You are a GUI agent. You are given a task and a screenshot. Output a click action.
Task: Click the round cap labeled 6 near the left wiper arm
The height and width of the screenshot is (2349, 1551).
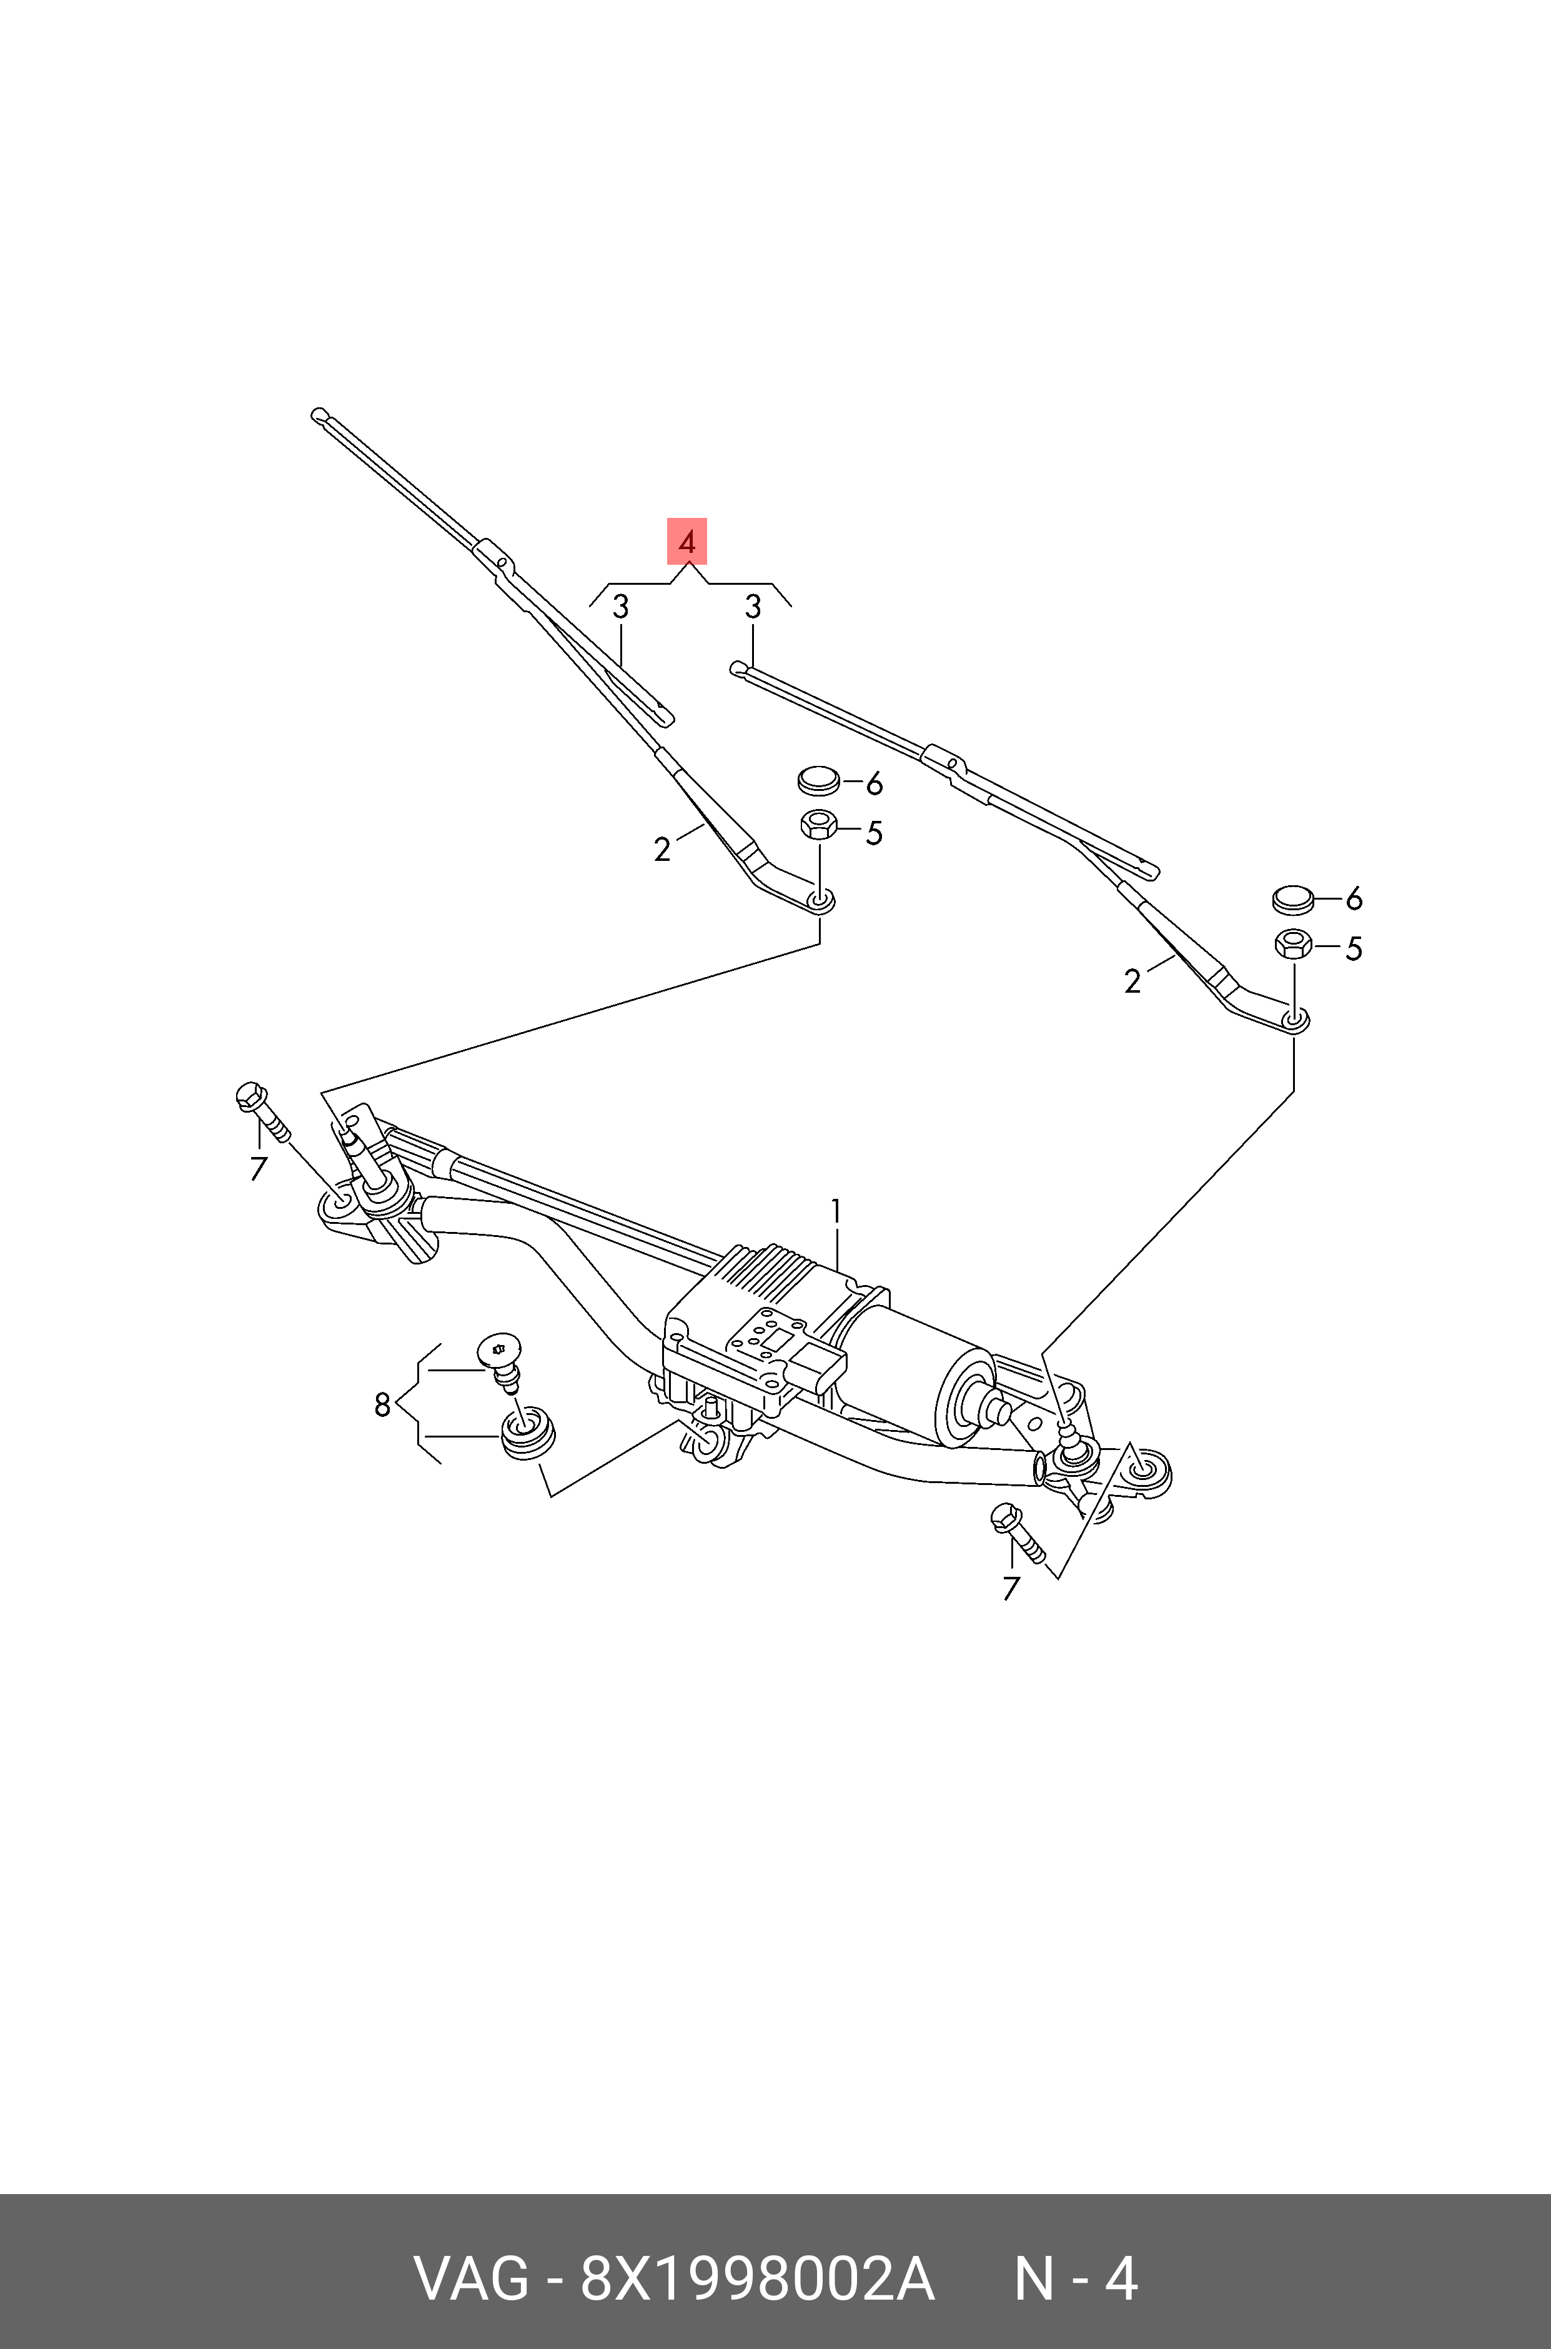(818, 780)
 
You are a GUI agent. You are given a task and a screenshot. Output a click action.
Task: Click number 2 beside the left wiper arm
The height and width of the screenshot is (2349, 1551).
(662, 848)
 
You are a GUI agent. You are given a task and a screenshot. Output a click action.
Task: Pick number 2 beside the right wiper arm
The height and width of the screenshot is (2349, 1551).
(1132, 981)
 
